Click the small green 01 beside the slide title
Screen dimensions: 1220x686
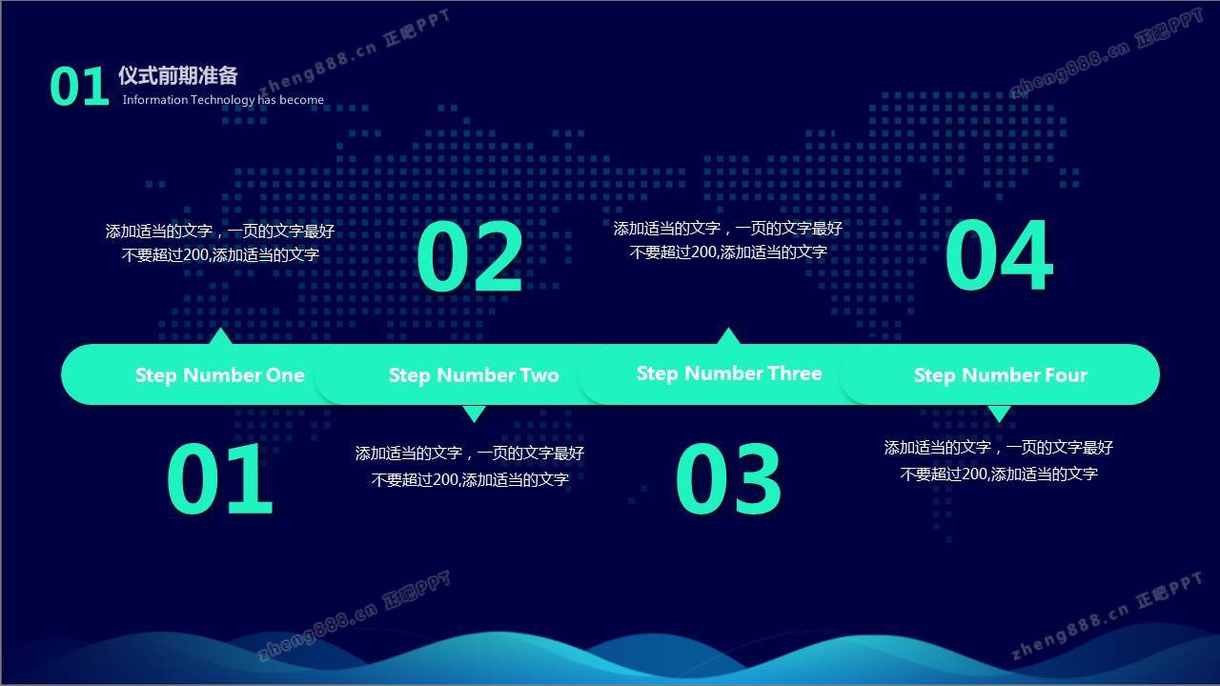79,86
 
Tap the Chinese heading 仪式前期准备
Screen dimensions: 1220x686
178,75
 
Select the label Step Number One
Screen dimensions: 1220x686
219,375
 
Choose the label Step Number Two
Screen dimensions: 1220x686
474,375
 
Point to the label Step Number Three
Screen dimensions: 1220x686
729,373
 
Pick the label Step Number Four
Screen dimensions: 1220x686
1001,375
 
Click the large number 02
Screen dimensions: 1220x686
470,256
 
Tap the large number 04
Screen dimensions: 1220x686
999,254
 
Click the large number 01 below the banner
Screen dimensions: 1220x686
219,478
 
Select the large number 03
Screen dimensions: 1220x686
728,478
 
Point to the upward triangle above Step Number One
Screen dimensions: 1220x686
220,336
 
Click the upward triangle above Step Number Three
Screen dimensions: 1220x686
729,336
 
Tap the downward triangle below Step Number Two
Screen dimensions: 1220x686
474,413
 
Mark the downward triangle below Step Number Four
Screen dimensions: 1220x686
1000,413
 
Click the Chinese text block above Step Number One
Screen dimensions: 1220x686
220,243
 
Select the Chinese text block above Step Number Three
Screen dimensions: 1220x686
728,240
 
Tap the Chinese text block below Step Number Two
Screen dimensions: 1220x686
470,466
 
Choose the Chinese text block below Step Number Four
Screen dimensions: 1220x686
999,460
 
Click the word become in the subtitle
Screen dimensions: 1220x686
302,100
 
